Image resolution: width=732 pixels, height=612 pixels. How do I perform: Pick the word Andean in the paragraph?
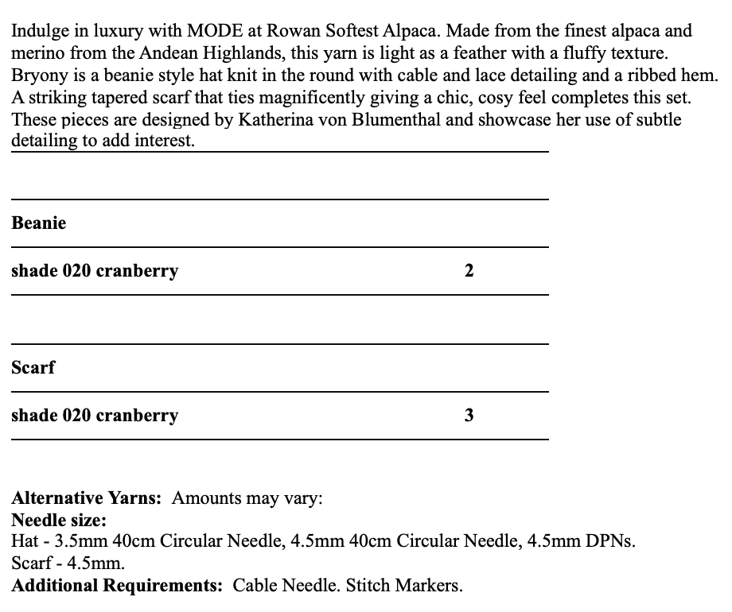click(x=178, y=54)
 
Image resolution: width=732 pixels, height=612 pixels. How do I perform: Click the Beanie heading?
click(x=39, y=223)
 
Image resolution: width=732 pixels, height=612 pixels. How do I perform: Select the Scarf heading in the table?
click(x=33, y=368)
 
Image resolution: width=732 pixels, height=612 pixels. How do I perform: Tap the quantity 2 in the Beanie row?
click(x=469, y=271)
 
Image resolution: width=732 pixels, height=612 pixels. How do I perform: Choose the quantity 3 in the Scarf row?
click(x=469, y=416)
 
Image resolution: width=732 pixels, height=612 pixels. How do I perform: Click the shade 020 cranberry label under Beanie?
click(x=95, y=271)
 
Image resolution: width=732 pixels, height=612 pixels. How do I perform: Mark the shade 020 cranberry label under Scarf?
click(x=95, y=416)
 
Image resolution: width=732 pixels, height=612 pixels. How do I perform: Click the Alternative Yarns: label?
click(x=87, y=499)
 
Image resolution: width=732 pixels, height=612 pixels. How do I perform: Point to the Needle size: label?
click(x=59, y=521)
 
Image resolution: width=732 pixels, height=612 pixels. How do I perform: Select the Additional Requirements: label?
click(x=117, y=586)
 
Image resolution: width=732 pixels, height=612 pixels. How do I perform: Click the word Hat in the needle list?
click(x=25, y=542)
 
